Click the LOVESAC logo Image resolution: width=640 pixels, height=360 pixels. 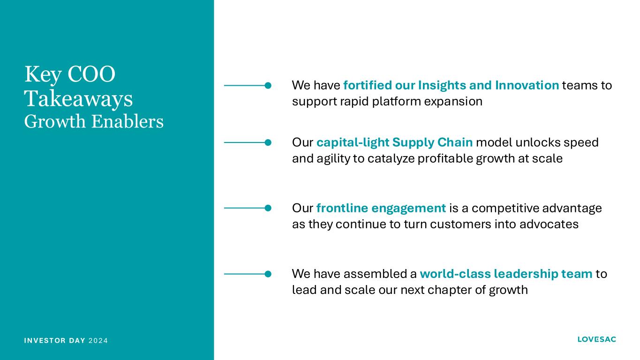(596, 339)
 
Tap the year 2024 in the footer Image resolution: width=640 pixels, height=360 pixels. (98, 341)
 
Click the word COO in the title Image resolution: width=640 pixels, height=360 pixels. (91, 74)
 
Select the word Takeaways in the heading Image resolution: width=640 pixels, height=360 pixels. (79, 99)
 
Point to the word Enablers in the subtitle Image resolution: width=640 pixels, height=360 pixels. (128, 121)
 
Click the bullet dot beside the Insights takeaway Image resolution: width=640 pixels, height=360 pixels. (268, 85)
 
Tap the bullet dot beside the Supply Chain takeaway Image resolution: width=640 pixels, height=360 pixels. (268, 142)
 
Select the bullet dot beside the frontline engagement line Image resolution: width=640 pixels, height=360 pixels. (268, 208)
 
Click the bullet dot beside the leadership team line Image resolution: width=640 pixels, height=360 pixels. (268, 274)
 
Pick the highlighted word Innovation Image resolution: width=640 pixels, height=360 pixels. (527, 85)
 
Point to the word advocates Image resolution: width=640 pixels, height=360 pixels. (549, 224)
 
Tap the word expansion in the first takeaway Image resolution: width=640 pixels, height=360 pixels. (453, 102)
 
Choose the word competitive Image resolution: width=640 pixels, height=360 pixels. (505, 209)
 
